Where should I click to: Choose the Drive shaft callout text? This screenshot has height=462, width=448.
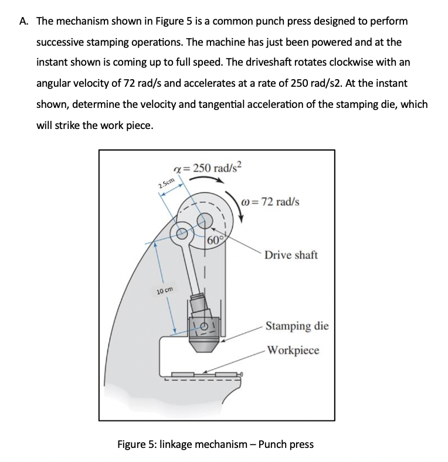click(x=291, y=255)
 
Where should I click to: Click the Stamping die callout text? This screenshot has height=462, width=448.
click(x=297, y=325)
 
